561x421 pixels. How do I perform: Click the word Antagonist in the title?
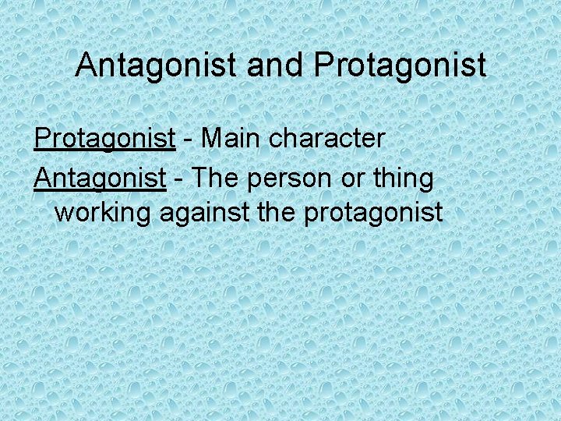[157, 65]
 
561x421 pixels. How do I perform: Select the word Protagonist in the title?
[400, 65]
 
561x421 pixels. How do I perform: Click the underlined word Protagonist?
[104, 139]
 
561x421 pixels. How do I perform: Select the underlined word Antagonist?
[100, 179]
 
